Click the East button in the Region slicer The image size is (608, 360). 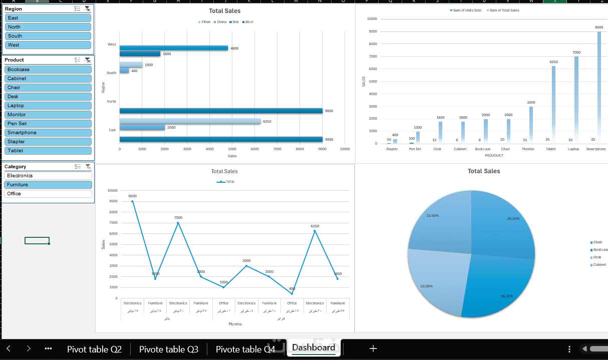coord(48,18)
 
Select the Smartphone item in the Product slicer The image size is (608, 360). coord(48,133)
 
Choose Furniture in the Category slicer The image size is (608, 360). coord(48,185)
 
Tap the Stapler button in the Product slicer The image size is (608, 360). coord(48,142)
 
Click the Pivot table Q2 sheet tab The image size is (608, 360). coord(94,349)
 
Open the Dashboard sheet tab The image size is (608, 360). coord(314,348)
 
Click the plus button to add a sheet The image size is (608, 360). coord(373,348)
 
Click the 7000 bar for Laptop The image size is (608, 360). coord(576,100)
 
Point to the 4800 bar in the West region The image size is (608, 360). coord(173,48)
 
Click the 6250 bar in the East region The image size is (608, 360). coord(190,121)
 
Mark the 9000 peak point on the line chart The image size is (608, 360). coord(133,201)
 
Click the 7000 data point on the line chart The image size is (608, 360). coord(178,223)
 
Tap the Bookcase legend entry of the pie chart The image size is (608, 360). coord(599,249)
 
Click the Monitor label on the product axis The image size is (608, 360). coord(528,149)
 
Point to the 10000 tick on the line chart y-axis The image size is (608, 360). coord(112,191)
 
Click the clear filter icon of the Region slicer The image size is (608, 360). coord(88,9)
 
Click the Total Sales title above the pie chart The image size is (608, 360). coord(483,171)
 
